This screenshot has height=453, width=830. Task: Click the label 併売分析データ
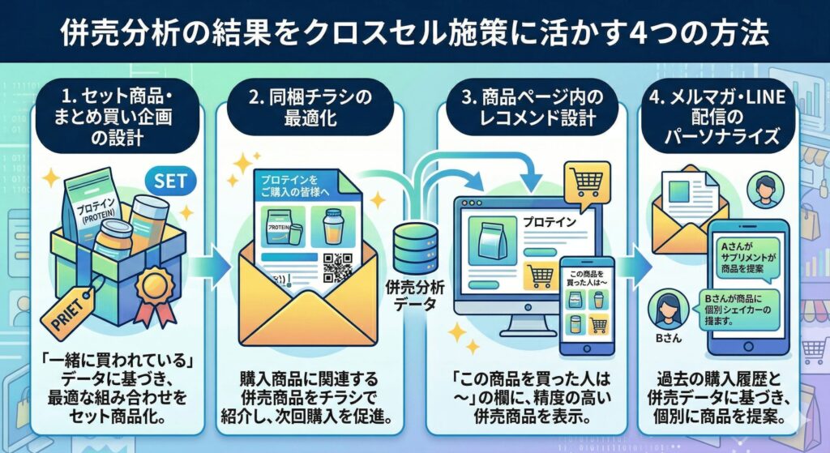tap(415, 293)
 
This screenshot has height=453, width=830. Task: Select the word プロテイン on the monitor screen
tap(549, 220)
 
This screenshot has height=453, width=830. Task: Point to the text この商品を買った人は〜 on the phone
tap(588, 279)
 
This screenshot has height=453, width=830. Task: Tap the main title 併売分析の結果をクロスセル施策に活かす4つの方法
tap(414, 32)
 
